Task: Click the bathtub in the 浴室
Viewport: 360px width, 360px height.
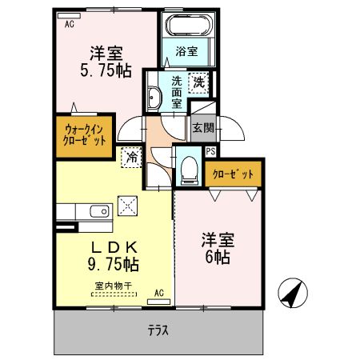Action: [190, 25]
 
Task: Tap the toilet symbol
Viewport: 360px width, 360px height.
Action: [189, 170]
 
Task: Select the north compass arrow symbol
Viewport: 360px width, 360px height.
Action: [293, 293]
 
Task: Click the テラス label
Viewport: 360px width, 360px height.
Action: [158, 330]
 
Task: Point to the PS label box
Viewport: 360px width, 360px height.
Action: [210, 151]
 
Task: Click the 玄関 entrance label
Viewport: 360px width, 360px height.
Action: [203, 128]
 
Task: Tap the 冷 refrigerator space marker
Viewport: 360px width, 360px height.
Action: [131, 158]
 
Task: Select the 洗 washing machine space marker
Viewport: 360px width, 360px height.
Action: [198, 82]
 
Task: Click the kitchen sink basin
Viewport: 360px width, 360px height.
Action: [99, 211]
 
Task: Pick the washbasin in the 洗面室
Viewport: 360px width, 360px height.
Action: [154, 98]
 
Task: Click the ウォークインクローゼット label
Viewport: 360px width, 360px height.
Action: [84, 135]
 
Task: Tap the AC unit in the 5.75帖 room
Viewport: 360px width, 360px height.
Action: [69, 16]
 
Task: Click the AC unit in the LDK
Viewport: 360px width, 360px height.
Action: [159, 302]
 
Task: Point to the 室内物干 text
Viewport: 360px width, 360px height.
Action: [114, 286]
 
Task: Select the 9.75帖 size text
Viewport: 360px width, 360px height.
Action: [114, 264]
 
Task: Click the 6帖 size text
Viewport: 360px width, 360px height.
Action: [218, 257]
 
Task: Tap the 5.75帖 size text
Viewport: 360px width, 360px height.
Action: [106, 70]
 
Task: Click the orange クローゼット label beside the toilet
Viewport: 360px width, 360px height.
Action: [233, 174]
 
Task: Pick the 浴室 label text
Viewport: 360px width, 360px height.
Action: [186, 51]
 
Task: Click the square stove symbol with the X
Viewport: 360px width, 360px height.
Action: [128, 206]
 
